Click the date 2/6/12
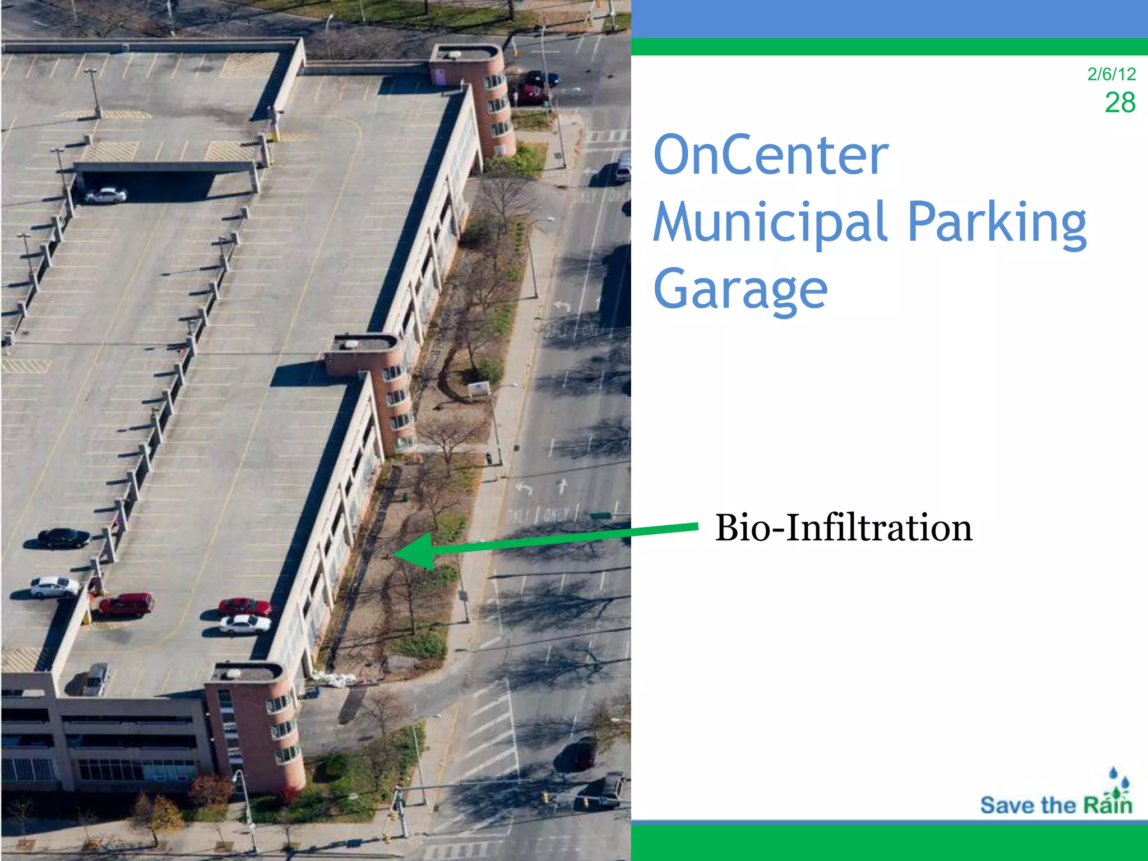[1111, 74]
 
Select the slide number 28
[1119, 103]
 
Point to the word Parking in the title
[997, 223]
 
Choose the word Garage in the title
[740, 289]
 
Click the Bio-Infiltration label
[843, 528]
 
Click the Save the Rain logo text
[1056, 806]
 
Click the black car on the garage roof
[63, 538]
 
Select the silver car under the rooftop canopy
[105, 195]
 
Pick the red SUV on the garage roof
[126, 605]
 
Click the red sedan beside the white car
[244, 607]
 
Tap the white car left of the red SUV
[54, 587]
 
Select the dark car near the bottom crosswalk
[581, 753]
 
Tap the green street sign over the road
[601, 515]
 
